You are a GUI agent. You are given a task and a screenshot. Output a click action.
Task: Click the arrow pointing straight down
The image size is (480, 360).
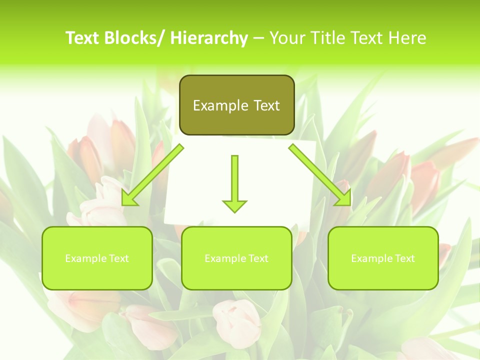click(234, 182)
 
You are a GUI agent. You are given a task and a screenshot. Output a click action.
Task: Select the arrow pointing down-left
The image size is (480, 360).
click(152, 174)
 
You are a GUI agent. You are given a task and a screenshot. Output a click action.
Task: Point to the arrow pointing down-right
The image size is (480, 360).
click(320, 174)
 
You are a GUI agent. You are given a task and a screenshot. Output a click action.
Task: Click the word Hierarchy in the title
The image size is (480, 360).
click(208, 38)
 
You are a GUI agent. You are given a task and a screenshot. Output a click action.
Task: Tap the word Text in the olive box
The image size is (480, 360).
click(266, 105)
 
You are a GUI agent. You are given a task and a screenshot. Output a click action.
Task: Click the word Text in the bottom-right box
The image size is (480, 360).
click(404, 258)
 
